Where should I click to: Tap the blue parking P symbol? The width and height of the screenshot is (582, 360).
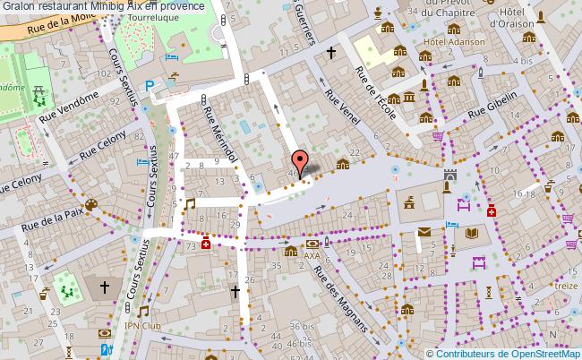tap(150, 85)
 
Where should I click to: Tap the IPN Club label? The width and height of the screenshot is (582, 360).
tap(143, 326)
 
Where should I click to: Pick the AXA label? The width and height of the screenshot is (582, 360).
tap(312, 255)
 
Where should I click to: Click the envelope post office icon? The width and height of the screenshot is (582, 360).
tap(424, 233)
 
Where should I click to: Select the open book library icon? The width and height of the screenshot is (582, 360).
tap(471, 233)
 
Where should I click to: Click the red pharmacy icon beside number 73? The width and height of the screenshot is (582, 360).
tap(207, 243)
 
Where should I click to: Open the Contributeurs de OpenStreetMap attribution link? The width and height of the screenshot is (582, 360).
tap(507, 353)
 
